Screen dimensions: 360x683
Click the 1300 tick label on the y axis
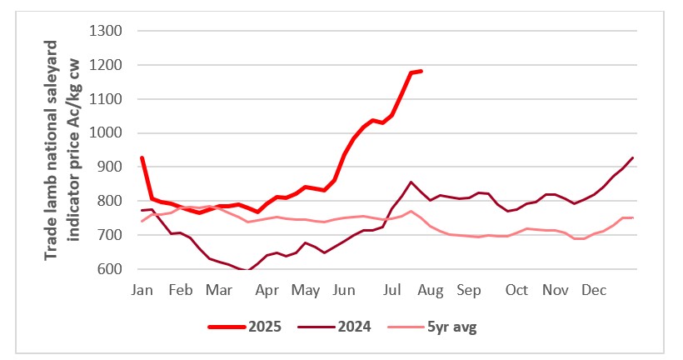(107, 31)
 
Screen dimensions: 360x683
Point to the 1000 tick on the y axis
(107, 133)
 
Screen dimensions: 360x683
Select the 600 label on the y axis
(111, 269)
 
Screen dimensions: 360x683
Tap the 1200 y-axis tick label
(107, 65)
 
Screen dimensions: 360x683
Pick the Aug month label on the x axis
(431, 291)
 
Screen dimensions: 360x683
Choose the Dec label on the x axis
(593, 291)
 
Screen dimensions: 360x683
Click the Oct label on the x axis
(516, 291)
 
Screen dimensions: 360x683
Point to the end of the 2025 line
(421, 71)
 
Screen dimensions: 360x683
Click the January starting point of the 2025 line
(142, 157)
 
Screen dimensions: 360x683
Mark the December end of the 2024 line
(633, 157)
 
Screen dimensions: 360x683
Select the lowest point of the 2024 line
(247, 271)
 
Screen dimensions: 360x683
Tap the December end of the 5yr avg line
(633, 217)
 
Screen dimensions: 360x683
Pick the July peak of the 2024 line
(411, 182)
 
